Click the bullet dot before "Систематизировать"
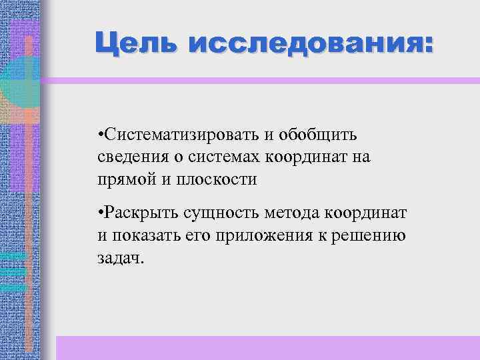[98, 136]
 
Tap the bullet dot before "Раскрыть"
[98, 214]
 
